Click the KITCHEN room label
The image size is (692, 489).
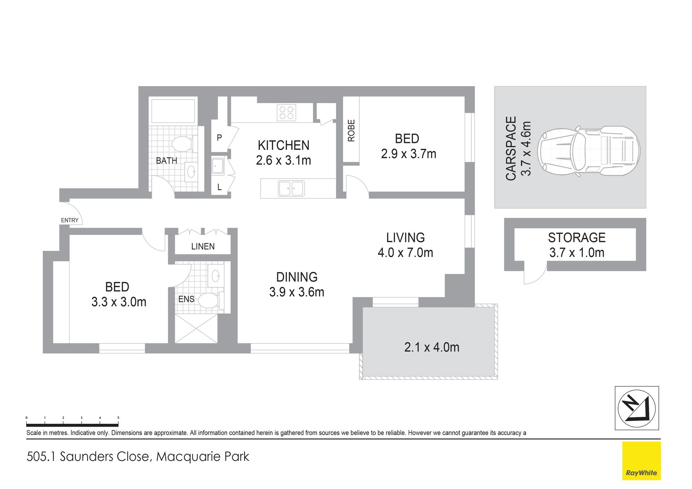tap(284, 145)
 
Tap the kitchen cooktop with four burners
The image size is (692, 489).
tap(287, 112)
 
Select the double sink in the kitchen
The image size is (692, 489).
tap(291, 188)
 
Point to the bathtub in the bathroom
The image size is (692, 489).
tap(173, 111)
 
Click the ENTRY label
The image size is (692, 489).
tap(70, 220)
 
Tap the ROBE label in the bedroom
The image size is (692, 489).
tap(351, 130)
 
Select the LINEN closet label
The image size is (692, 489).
tap(203, 246)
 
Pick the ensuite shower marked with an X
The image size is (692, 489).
tap(196, 328)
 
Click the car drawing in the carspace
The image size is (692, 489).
tap(589, 151)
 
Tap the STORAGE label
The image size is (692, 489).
tap(577, 237)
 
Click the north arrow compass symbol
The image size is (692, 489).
tap(636, 408)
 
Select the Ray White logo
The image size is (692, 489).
tap(641, 461)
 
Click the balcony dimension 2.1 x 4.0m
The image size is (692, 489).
tap(432, 347)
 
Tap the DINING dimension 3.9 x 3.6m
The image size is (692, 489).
tap(297, 292)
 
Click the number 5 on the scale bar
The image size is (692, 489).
tap(118, 418)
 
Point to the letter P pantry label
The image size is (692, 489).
tap(219, 137)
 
